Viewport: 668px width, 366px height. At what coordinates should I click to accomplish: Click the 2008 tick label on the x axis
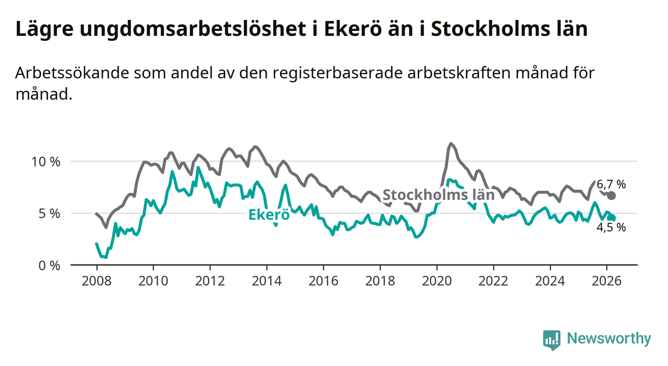pos(96,281)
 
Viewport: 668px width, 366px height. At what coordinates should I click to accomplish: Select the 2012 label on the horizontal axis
pos(209,281)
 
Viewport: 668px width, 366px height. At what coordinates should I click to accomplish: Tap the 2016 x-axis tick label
pos(323,281)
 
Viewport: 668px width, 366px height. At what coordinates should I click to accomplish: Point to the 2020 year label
pos(437,281)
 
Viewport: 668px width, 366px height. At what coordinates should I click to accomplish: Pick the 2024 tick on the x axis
pos(550,281)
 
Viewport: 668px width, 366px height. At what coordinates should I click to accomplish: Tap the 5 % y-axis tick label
pos(49,213)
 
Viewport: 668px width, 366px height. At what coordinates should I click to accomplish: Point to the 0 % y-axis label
pos(49,265)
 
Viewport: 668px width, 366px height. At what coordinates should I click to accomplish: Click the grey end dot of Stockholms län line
pos(612,195)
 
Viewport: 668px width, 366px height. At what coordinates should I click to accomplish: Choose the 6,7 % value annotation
pos(611,184)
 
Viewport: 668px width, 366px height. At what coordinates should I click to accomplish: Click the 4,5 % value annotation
pos(611,227)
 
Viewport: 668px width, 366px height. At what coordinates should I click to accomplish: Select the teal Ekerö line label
pos(269,215)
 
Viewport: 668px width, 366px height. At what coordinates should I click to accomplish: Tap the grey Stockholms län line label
pos(438,194)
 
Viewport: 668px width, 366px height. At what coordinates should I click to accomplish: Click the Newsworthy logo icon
pos(551,340)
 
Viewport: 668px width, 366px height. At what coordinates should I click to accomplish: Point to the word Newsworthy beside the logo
pos(609,339)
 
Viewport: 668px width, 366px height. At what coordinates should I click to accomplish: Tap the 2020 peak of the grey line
pos(451,144)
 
